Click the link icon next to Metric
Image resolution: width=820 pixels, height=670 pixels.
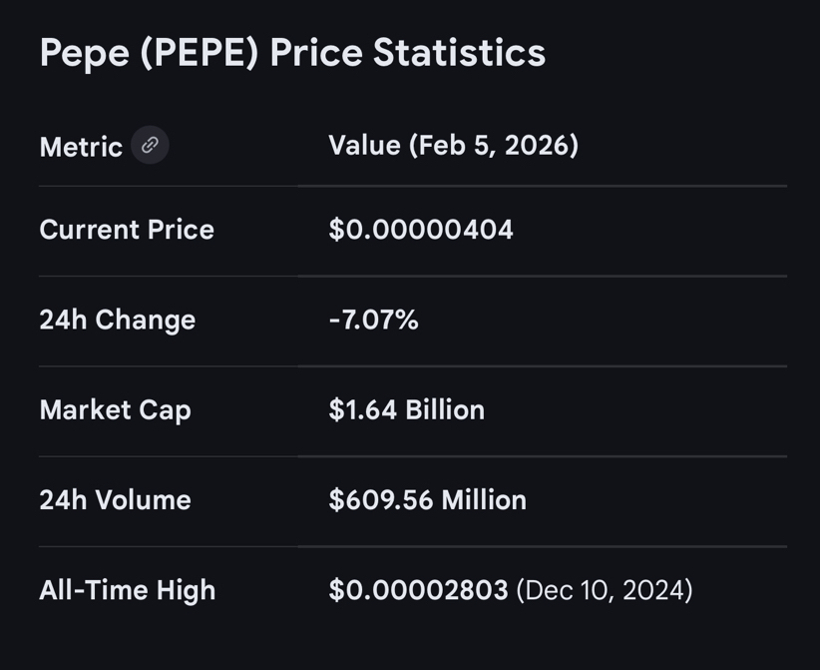(x=150, y=146)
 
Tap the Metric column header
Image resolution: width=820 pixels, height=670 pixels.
(x=81, y=147)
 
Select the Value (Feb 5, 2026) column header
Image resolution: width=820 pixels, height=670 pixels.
(x=453, y=146)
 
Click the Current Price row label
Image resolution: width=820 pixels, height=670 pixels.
(x=127, y=230)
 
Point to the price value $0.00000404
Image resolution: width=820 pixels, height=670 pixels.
(x=421, y=230)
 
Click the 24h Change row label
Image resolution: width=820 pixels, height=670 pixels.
(x=117, y=320)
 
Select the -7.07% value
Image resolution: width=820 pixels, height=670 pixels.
(x=373, y=320)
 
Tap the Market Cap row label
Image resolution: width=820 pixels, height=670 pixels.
(x=115, y=409)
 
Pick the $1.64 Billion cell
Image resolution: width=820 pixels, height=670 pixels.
(x=406, y=409)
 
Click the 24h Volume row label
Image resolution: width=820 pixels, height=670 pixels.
(x=115, y=499)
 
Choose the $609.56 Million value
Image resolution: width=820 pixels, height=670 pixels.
(x=427, y=499)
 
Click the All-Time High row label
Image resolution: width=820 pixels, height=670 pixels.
(x=127, y=589)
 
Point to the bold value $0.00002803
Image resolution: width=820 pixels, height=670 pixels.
(x=418, y=589)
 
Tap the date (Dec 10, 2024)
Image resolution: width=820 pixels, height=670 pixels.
(x=605, y=589)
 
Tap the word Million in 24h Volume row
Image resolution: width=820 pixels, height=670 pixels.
(x=481, y=499)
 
